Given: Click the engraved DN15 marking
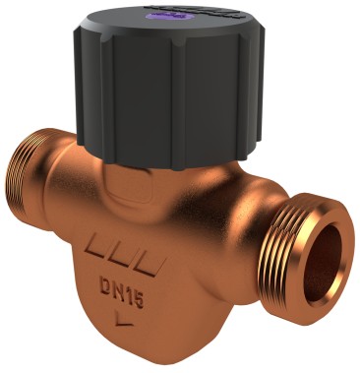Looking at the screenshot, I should tap(118, 289).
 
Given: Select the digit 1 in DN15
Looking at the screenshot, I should tap(125, 290).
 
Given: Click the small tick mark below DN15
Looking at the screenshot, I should tap(120, 318).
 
